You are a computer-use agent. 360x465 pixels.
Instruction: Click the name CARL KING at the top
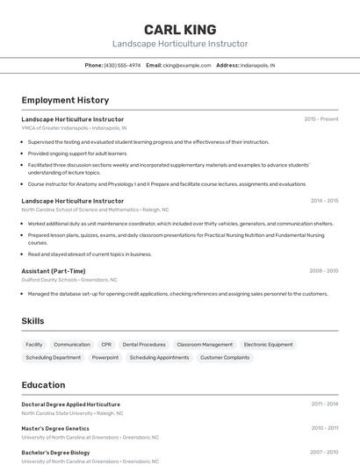tap(180, 30)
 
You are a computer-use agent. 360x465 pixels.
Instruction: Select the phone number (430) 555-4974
tap(122, 65)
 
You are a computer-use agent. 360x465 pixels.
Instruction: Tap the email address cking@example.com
tap(187, 65)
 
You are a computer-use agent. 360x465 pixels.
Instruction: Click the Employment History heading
tap(65, 100)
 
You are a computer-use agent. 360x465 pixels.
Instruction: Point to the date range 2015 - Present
tap(321, 119)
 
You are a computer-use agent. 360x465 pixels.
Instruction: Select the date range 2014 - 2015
tap(324, 201)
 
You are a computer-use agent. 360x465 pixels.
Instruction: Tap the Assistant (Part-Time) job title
tap(54, 271)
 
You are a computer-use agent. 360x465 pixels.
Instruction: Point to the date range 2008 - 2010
tap(324, 271)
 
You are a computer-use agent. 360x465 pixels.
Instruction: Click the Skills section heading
tap(32, 321)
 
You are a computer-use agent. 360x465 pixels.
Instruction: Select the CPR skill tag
tap(106, 345)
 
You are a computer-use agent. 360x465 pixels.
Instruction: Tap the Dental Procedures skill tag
tap(144, 345)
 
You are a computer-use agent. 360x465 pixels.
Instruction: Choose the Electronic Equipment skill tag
tap(269, 345)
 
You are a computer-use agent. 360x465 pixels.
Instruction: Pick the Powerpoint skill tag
tap(105, 358)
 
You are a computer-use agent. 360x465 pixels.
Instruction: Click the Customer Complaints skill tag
tap(225, 358)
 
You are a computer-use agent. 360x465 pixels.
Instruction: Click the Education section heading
tap(43, 385)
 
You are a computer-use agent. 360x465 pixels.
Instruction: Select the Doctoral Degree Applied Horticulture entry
tap(71, 404)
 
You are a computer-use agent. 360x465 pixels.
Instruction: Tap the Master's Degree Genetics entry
tap(55, 428)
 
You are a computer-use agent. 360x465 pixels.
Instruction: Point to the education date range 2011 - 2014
tap(325, 404)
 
